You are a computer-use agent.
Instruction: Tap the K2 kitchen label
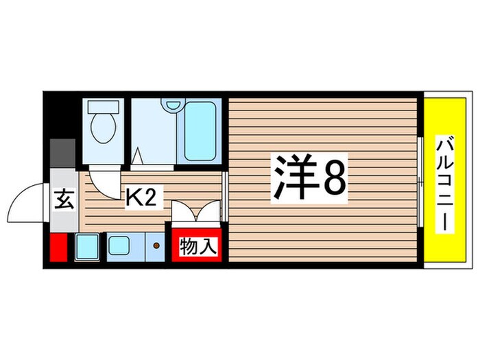(143, 198)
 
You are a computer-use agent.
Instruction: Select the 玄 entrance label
(64, 202)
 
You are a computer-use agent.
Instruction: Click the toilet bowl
(103, 129)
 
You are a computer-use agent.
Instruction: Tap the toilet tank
(103, 108)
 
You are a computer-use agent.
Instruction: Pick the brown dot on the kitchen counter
(157, 245)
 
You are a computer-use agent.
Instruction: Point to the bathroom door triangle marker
(140, 157)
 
